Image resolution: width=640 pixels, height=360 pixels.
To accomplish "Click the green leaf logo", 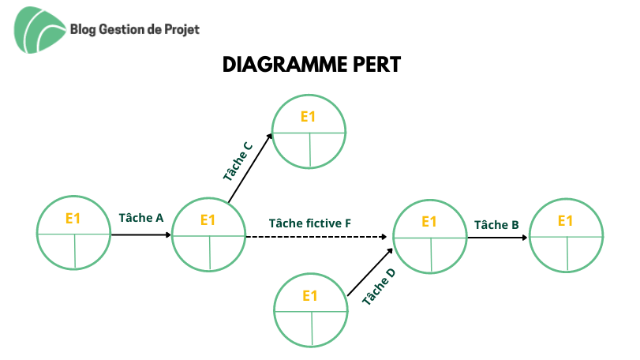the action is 39,30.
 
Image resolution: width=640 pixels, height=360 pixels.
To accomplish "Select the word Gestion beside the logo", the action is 122,29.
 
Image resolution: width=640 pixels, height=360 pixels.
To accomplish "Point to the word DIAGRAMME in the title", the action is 286,65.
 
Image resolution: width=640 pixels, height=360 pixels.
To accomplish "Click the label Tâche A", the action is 141,218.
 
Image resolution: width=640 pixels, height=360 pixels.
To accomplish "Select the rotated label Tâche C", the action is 238,161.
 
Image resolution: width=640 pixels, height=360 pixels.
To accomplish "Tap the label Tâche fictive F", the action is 310,223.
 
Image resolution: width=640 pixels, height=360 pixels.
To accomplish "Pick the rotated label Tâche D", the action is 379,287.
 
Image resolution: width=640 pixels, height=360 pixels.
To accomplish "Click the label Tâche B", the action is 496,224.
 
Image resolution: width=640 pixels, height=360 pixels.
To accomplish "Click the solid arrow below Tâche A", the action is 141,234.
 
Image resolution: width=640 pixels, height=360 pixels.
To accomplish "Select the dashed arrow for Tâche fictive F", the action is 316,237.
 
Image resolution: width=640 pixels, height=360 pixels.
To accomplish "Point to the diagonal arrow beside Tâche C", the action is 250,168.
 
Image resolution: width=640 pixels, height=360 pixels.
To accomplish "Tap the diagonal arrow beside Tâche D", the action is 370,272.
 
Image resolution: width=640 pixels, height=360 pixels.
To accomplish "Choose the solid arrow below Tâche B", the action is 497,238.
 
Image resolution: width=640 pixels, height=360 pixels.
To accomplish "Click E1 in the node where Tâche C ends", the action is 309,117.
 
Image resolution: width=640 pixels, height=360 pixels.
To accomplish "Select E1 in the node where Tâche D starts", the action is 310,296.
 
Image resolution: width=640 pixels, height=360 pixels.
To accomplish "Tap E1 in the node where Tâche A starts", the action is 73,219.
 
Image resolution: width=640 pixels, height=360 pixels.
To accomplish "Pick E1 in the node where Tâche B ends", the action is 565,221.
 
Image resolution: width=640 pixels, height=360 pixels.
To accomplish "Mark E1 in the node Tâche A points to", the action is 208,220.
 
